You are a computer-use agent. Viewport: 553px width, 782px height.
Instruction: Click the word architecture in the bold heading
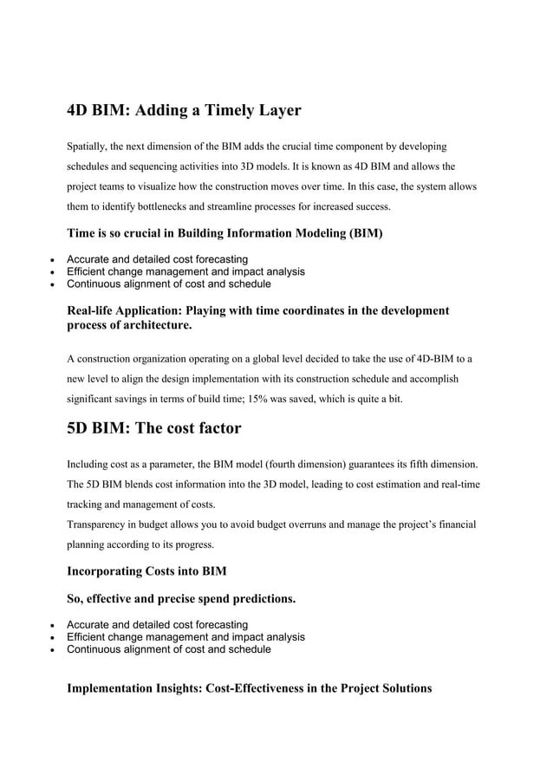[x=151, y=325]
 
